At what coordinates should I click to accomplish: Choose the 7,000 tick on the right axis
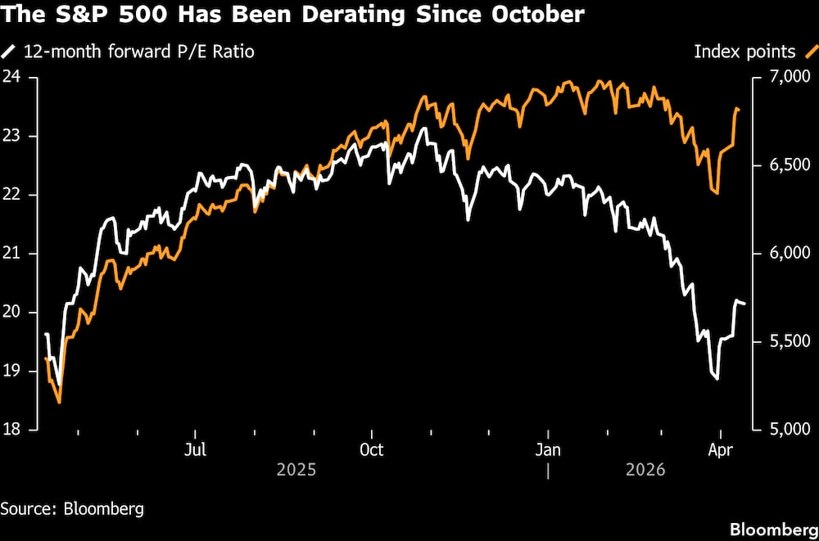(x=785, y=77)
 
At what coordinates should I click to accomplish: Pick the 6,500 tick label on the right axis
(x=785, y=165)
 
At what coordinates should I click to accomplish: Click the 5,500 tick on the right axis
(x=785, y=341)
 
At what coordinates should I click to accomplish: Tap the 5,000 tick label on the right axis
(x=785, y=430)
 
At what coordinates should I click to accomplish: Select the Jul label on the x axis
(x=195, y=450)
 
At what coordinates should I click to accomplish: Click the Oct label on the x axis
(x=372, y=450)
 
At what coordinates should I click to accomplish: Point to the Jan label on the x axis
(x=548, y=450)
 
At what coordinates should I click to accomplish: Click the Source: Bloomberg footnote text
(x=72, y=508)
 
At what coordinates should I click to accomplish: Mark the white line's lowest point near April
(x=717, y=379)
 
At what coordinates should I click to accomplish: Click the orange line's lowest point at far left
(x=59, y=402)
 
